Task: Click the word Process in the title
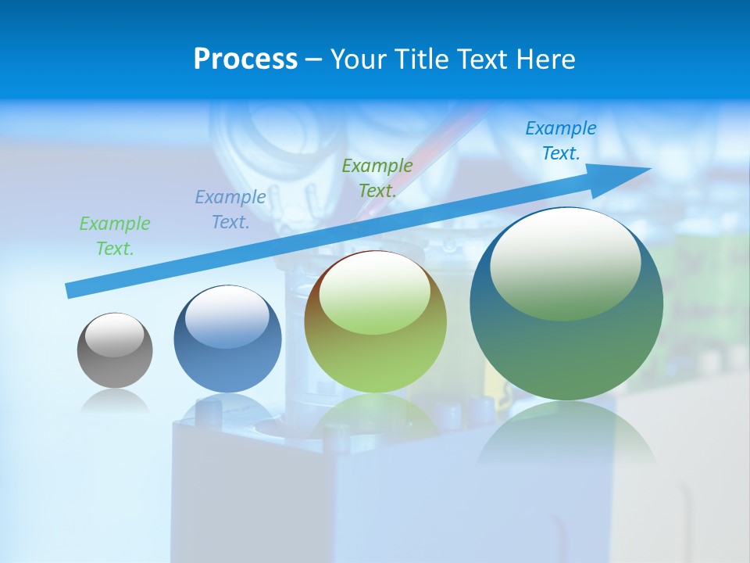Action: point(245,59)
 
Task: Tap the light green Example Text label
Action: point(115,236)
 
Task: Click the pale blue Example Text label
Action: point(230,210)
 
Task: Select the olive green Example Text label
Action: point(377,178)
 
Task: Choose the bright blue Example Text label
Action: point(561,141)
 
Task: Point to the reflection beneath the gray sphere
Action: point(115,401)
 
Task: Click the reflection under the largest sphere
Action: point(566,438)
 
